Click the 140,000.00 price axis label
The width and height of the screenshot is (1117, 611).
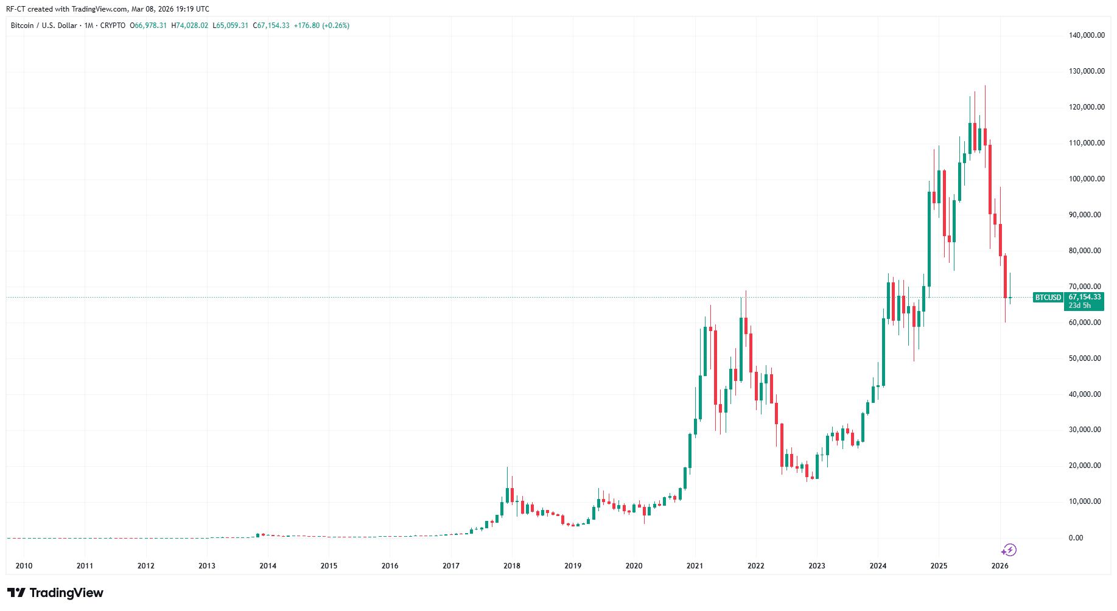tap(1087, 35)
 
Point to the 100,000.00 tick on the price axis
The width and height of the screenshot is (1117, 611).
tap(1087, 179)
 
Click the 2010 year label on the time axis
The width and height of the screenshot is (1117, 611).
tap(24, 566)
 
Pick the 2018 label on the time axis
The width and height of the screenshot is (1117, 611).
tap(512, 566)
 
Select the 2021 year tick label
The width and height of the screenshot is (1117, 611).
tap(695, 566)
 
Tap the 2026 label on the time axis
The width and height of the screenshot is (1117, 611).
tap(1000, 566)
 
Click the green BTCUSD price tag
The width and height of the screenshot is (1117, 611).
tap(1048, 298)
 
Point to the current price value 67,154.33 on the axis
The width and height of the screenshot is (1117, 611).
tap(1085, 297)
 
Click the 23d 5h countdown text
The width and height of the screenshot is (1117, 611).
tap(1080, 305)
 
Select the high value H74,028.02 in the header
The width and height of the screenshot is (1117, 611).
tap(190, 26)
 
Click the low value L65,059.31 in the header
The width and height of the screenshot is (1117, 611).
tap(231, 26)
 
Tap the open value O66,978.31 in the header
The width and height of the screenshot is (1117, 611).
tap(149, 26)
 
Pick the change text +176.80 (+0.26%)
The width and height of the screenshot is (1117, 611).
tap(321, 26)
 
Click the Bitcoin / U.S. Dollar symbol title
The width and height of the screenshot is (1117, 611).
tap(44, 26)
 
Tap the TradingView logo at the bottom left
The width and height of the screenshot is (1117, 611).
tap(55, 593)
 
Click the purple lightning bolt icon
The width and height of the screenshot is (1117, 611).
tap(1009, 550)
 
